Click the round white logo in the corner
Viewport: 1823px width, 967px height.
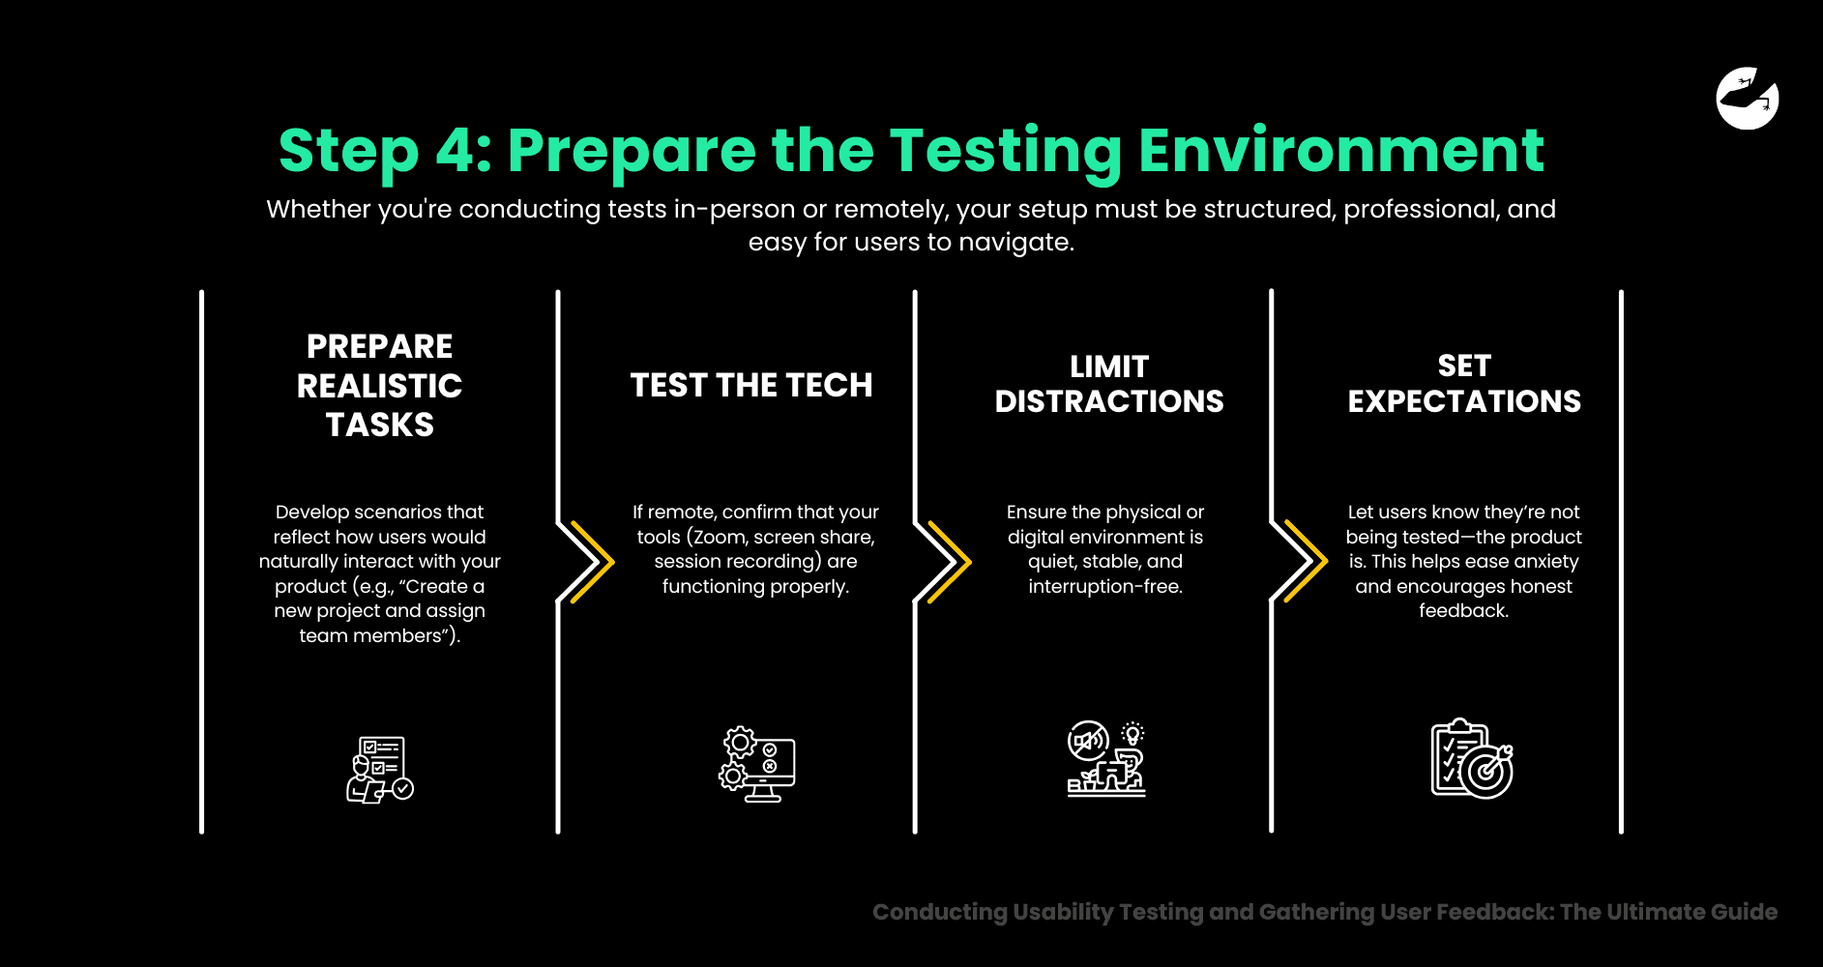point(1747,99)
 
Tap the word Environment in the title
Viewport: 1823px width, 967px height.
point(1340,151)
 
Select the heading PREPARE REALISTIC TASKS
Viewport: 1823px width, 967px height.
point(379,385)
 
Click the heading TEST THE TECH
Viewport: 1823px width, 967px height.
point(751,385)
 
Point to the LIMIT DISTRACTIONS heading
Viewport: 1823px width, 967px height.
point(1109,384)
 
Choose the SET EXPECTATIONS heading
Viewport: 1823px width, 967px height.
point(1464,384)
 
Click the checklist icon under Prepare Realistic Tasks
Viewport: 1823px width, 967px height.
point(379,770)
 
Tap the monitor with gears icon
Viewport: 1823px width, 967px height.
point(757,764)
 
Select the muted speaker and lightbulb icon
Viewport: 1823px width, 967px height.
point(1106,759)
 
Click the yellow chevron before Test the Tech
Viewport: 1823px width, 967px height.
point(592,562)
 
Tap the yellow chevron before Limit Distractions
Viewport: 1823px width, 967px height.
point(949,562)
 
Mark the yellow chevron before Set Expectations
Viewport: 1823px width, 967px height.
point(1306,562)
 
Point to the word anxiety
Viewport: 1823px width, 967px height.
point(1544,562)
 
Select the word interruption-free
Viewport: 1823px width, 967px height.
point(1105,587)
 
